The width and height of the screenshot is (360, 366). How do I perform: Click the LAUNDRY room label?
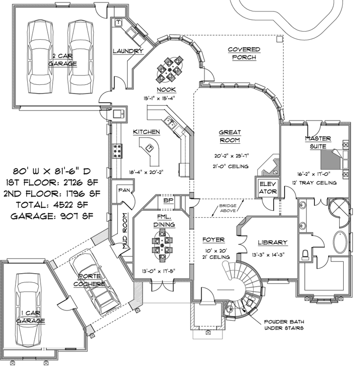pyautogui.click(x=128, y=51)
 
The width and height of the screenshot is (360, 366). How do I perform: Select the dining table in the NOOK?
pyautogui.click(x=170, y=68)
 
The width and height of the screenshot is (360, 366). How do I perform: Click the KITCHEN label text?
pyautogui.click(x=146, y=132)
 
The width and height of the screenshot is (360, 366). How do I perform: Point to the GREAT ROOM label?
pyautogui.click(x=230, y=136)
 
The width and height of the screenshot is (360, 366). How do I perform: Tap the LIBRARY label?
pyautogui.click(x=272, y=243)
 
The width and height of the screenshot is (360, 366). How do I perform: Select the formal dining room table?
pyautogui.click(x=162, y=246)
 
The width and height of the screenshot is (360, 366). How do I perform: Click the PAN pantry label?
pyautogui.click(x=124, y=189)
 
